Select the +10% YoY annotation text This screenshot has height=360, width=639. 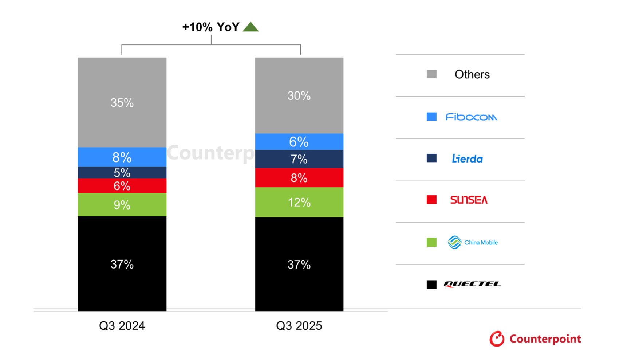click(211, 27)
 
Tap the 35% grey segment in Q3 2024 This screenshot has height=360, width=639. click(122, 102)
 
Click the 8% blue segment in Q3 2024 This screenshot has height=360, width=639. click(122, 157)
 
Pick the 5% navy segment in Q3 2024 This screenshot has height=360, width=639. click(122, 172)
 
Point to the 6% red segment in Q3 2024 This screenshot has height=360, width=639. click(122, 186)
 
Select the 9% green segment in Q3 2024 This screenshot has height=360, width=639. click(122, 205)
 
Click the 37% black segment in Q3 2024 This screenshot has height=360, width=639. click(122, 264)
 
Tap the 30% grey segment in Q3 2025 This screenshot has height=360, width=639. click(299, 96)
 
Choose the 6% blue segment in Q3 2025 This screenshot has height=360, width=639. click(299, 142)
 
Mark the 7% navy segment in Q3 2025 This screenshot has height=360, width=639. click(299, 159)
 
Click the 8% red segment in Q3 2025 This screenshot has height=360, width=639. click(299, 178)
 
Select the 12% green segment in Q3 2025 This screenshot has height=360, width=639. click(299, 202)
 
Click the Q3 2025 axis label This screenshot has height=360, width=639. click(299, 325)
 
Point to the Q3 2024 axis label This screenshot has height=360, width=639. click(122, 325)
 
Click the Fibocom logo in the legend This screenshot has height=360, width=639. click(471, 117)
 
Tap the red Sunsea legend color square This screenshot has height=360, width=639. click(431, 200)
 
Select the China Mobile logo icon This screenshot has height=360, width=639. click(454, 242)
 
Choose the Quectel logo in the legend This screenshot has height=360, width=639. click(472, 284)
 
